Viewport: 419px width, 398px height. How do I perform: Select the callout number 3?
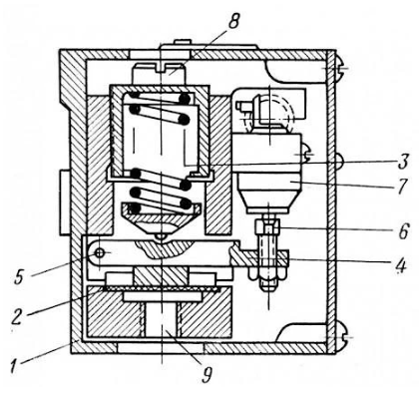402,162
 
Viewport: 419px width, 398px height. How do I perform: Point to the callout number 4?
401,265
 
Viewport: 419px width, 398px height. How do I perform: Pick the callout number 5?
20,276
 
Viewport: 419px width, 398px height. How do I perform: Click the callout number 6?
403,230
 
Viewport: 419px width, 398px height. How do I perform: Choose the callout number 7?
402,187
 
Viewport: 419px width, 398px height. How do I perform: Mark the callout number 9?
207,374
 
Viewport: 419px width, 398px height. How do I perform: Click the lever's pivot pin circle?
99,253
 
